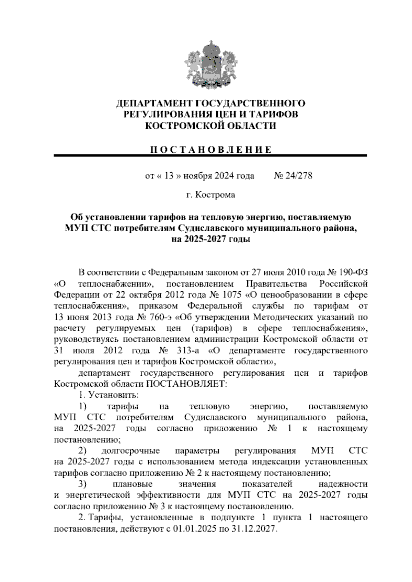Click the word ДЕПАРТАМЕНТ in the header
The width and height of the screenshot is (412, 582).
coord(153,103)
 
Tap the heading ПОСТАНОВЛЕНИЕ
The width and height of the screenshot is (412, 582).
coord(210,149)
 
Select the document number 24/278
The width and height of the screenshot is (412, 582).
coord(298,176)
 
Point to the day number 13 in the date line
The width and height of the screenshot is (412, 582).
coord(169,176)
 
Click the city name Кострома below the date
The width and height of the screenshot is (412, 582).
coord(215,195)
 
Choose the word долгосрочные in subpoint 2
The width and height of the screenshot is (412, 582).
coord(130,451)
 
